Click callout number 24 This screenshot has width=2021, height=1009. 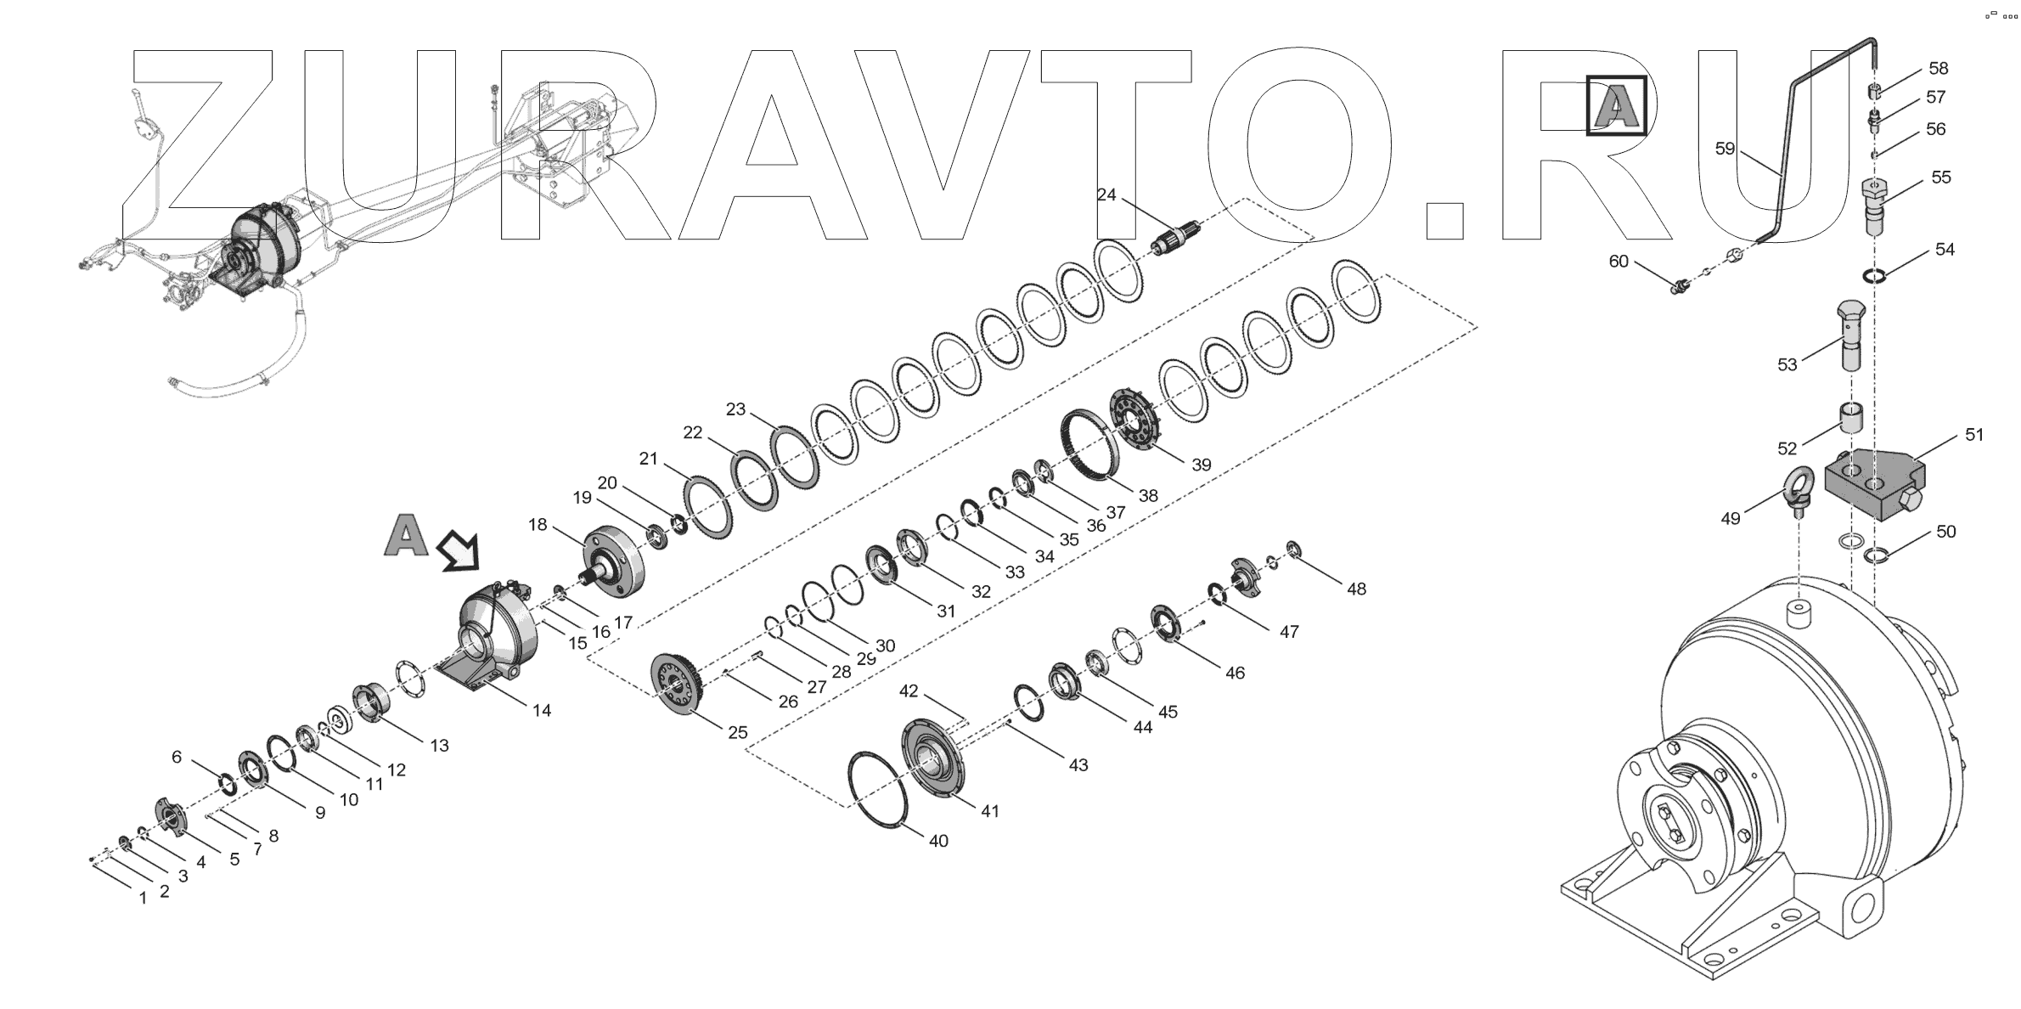(x=1106, y=194)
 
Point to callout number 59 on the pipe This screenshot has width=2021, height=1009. (x=1725, y=149)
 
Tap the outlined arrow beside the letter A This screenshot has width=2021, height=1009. (x=459, y=552)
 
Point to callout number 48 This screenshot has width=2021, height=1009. (x=1356, y=589)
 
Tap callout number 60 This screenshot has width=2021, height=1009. (x=1618, y=262)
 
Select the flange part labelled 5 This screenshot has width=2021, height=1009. (x=173, y=815)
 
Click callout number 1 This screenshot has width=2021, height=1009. (x=143, y=897)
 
